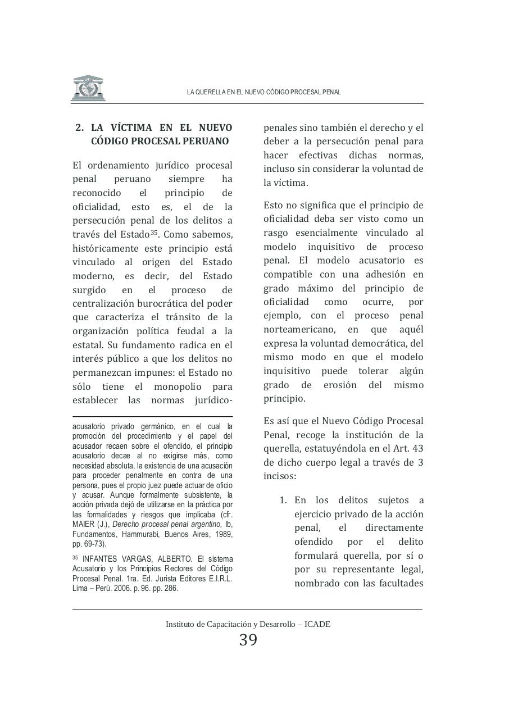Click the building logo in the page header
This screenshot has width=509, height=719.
88,88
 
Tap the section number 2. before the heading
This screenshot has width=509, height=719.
80,128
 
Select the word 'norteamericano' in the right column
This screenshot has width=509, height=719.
298,330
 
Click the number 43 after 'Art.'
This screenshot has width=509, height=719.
417,449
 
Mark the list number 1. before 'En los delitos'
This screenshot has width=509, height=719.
284,500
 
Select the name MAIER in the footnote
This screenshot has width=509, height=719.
83,524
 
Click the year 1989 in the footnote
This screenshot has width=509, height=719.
224,534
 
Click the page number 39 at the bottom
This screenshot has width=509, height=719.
248,640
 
